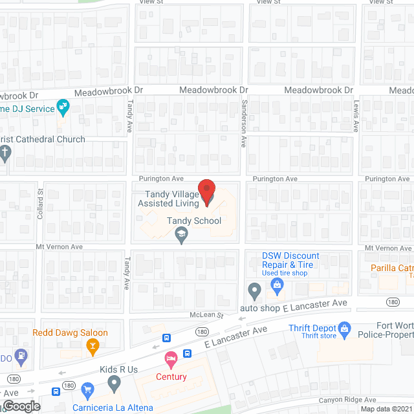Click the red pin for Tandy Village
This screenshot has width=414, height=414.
206,192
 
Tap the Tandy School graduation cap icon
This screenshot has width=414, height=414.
182,237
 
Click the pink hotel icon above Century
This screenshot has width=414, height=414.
171,358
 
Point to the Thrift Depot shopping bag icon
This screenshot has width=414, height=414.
345,331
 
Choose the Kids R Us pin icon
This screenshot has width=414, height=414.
114,385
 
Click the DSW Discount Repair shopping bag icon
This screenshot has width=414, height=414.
278,283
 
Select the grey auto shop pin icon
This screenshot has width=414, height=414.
254,293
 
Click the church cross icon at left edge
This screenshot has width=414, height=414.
5,154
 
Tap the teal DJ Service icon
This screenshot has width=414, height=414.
63,105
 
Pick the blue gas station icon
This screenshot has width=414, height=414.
21,354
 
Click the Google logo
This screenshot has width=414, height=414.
21,406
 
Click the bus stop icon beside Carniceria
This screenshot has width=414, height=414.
56,391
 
